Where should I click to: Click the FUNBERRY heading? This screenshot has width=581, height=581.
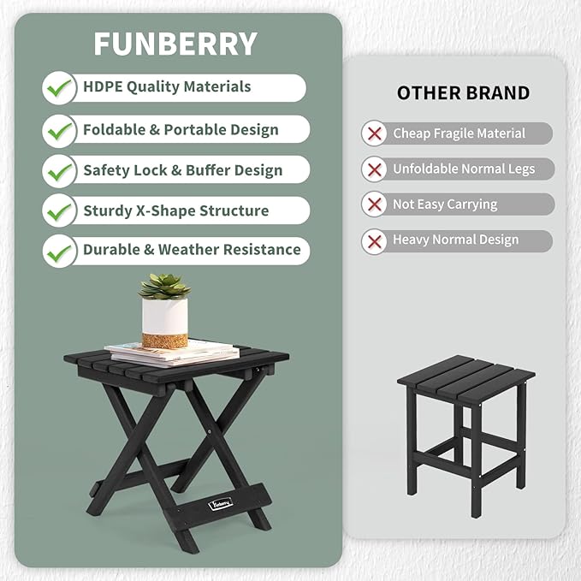pos(175,44)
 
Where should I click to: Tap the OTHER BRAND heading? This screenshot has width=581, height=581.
pos(463,93)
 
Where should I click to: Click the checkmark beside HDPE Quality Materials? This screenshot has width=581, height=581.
pos(59,87)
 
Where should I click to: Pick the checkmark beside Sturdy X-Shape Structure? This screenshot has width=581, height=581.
pos(59,210)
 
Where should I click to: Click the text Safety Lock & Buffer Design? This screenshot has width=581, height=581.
pos(182,170)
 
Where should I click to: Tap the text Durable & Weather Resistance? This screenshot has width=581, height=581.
pos(192,250)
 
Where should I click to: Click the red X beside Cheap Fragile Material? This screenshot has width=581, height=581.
pos(374,133)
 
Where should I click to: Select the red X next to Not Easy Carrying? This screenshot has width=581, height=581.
pos(374,205)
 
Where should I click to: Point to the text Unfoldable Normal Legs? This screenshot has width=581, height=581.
pos(464,169)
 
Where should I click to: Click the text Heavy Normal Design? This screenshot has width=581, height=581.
pos(455,240)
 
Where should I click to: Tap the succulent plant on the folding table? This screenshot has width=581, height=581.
pos(164,285)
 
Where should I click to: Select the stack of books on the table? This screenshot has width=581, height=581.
pos(171,351)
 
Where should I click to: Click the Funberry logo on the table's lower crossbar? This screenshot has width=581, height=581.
pos(221,501)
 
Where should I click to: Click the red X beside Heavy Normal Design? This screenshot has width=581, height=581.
pos(374,240)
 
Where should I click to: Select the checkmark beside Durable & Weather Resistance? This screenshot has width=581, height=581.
pos(59,251)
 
